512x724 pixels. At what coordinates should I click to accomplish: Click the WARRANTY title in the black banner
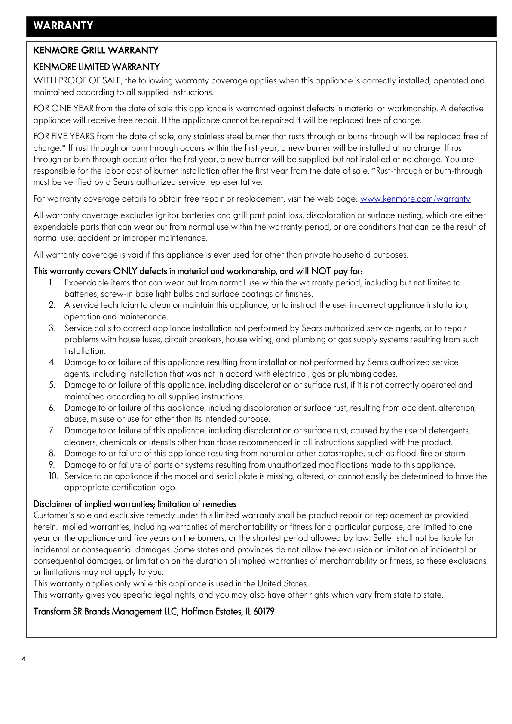point(63,26)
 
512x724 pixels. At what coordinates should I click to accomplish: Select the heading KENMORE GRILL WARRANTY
point(96,50)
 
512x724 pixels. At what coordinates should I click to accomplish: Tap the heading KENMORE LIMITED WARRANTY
point(97,67)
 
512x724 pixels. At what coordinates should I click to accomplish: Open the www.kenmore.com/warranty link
point(415,199)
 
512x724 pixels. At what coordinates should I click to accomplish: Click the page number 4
point(23,659)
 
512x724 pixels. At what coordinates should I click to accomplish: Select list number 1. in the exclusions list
point(51,282)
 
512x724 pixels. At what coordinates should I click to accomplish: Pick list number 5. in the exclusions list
point(52,385)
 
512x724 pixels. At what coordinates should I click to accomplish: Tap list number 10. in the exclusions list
point(53,476)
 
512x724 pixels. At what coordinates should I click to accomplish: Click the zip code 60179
point(264,611)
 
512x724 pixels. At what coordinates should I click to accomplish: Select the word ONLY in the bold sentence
point(125,271)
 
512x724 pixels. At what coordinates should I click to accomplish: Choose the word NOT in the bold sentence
point(321,271)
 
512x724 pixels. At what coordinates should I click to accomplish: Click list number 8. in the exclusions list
point(52,453)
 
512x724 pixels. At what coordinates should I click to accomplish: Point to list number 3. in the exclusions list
point(52,328)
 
